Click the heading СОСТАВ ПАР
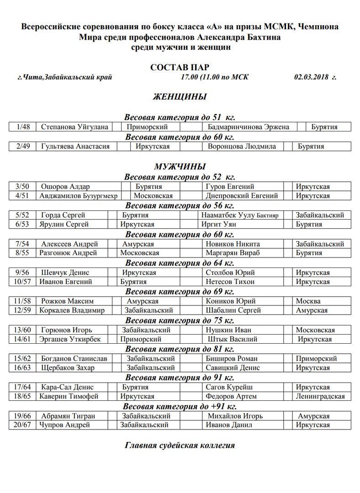pos(180,67)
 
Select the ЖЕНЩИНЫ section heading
pos(180,97)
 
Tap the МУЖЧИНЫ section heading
pos(180,167)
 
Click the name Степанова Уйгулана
pos(74,127)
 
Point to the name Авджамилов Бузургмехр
pos(79,196)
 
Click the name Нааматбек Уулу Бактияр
pos(240,215)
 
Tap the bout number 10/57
pos(22,282)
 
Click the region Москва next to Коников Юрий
pos(308,301)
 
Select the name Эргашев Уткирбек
pos(70,339)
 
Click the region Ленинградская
pos(320,396)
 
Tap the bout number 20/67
pos(22,425)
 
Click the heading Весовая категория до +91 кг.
pos(180,406)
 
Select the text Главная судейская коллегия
pos(180,445)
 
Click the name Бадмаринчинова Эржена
pos(248,127)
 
